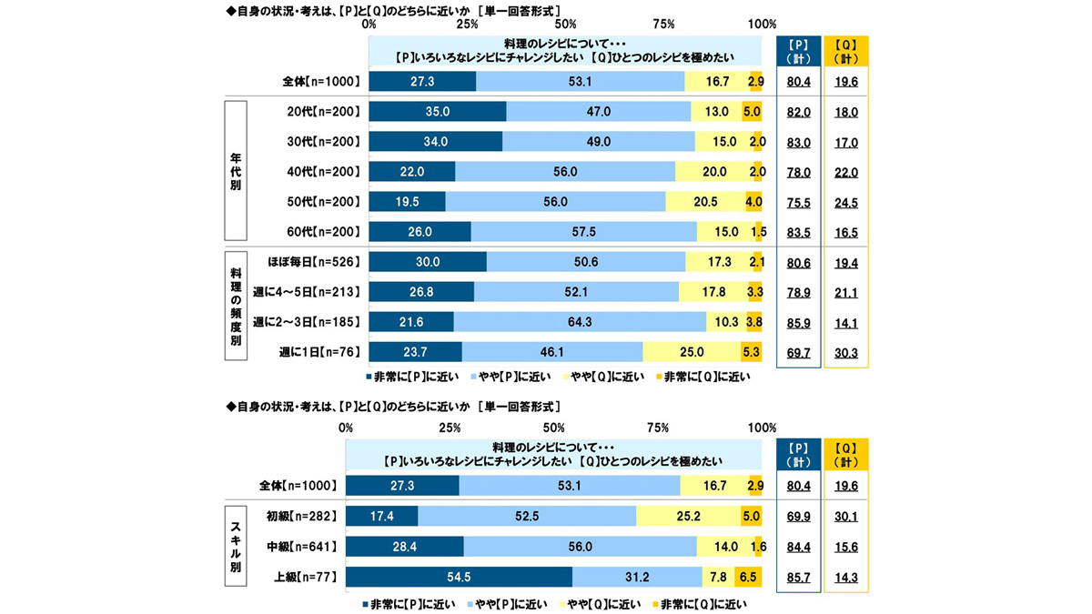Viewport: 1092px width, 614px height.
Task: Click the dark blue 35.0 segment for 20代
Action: (x=438, y=112)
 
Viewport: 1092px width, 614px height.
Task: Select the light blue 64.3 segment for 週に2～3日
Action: (x=580, y=321)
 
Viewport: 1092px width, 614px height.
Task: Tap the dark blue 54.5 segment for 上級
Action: (x=460, y=578)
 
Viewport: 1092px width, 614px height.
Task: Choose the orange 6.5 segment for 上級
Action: (x=748, y=578)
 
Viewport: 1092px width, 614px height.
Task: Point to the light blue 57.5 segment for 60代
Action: (x=583, y=232)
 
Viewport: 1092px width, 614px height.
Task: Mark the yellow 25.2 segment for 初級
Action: (x=688, y=516)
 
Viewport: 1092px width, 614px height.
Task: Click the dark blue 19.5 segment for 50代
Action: (x=408, y=202)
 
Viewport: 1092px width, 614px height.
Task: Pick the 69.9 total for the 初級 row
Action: (x=798, y=516)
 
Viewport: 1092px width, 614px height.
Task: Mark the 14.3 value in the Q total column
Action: (x=845, y=578)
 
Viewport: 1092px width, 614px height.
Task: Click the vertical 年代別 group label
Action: (x=235, y=172)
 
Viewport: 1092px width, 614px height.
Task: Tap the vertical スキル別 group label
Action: (x=235, y=547)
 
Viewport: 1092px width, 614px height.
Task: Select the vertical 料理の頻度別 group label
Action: (x=235, y=307)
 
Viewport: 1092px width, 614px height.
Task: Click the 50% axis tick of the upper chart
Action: (x=564, y=24)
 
